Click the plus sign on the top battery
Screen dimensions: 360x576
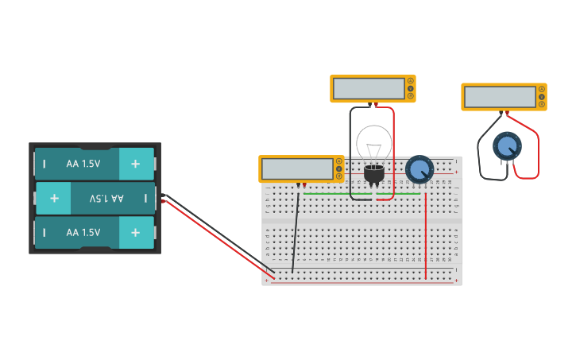tap(136, 164)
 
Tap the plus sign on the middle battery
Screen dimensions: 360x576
tap(53, 198)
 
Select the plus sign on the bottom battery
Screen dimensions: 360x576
tap(136, 233)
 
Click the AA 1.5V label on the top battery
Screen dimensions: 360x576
tap(83, 164)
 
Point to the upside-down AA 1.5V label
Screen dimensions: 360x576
tap(106, 198)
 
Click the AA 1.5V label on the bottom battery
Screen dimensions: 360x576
tap(83, 233)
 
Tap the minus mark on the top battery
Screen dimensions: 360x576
tap(44, 164)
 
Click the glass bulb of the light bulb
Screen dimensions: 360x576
tap(373, 143)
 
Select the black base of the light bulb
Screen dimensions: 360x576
tap(373, 172)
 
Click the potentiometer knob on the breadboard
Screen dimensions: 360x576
tap(419, 169)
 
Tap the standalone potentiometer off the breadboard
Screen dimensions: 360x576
tap(507, 146)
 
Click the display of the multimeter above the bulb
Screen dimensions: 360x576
tap(369, 88)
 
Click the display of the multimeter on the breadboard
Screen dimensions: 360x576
tap(297, 169)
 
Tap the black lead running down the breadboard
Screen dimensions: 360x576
tap(296, 230)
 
